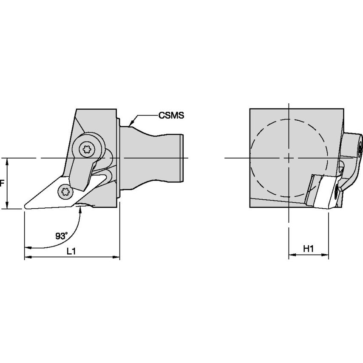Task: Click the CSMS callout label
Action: click(x=171, y=115)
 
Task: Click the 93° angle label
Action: click(x=61, y=236)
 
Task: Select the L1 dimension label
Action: click(x=71, y=251)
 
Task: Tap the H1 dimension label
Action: click(x=308, y=249)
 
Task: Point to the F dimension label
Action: click(x=2, y=184)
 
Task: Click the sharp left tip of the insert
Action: click(x=24, y=207)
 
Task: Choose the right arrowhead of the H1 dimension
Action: click(x=325, y=255)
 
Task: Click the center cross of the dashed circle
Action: click(x=289, y=158)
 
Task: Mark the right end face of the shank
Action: click(x=182, y=158)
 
